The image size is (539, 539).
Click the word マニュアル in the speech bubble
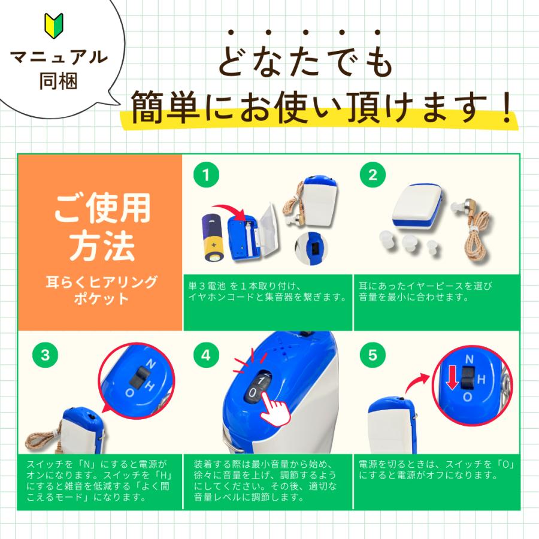point(60,57)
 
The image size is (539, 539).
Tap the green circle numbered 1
point(206,175)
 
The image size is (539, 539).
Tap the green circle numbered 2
point(373,175)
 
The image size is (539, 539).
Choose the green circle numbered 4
point(206,355)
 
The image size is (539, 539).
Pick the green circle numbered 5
point(373,355)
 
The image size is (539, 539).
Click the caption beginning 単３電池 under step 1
point(267,291)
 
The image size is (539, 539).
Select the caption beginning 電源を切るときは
point(438,470)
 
